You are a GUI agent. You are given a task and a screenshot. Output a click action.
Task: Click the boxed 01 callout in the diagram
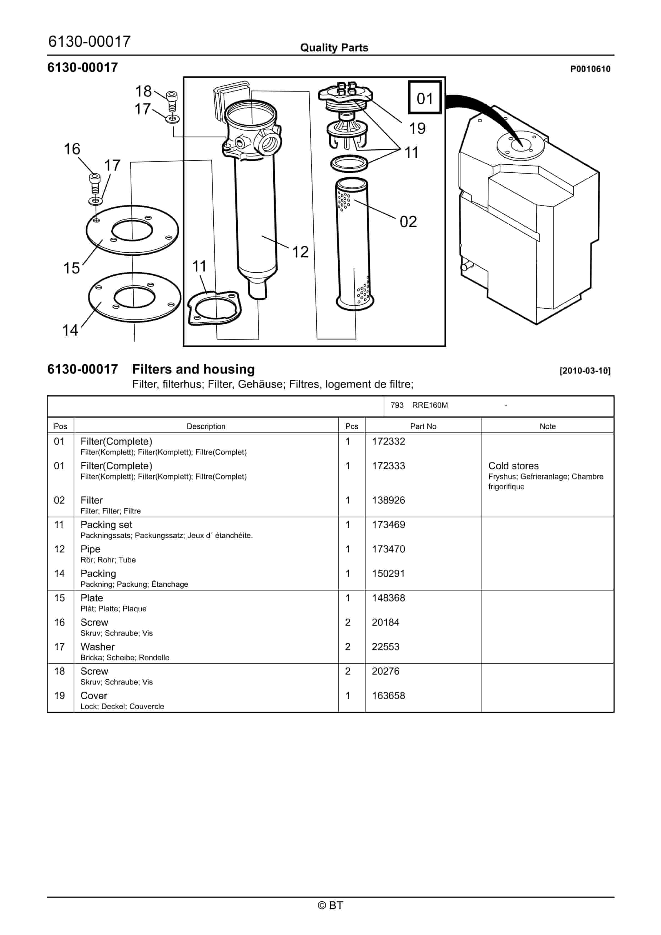pyautogui.click(x=425, y=98)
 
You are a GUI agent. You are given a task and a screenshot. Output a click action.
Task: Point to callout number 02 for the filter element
pyautogui.click(x=408, y=222)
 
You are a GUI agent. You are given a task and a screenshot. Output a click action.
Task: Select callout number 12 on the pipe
pyautogui.click(x=300, y=252)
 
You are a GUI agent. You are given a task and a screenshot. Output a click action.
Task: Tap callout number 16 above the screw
pyautogui.click(x=72, y=149)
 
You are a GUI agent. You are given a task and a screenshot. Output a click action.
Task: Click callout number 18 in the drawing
pyautogui.click(x=143, y=91)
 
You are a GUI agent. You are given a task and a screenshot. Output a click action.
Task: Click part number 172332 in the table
pyautogui.click(x=388, y=441)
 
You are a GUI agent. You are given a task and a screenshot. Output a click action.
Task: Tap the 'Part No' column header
pyautogui.click(x=423, y=426)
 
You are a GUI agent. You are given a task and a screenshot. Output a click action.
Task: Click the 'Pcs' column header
pyautogui.click(x=351, y=426)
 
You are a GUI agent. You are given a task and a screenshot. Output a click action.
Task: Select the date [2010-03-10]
pyautogui.click(x=585, y=371)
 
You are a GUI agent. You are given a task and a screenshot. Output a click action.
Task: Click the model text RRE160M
pyautogui.click(x=430, y=405)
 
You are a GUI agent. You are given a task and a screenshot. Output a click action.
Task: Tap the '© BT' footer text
pyautogui.click(x=330, y=905)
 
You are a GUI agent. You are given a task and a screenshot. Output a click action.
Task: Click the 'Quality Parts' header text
pyautogui.click(x=334, y=48)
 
